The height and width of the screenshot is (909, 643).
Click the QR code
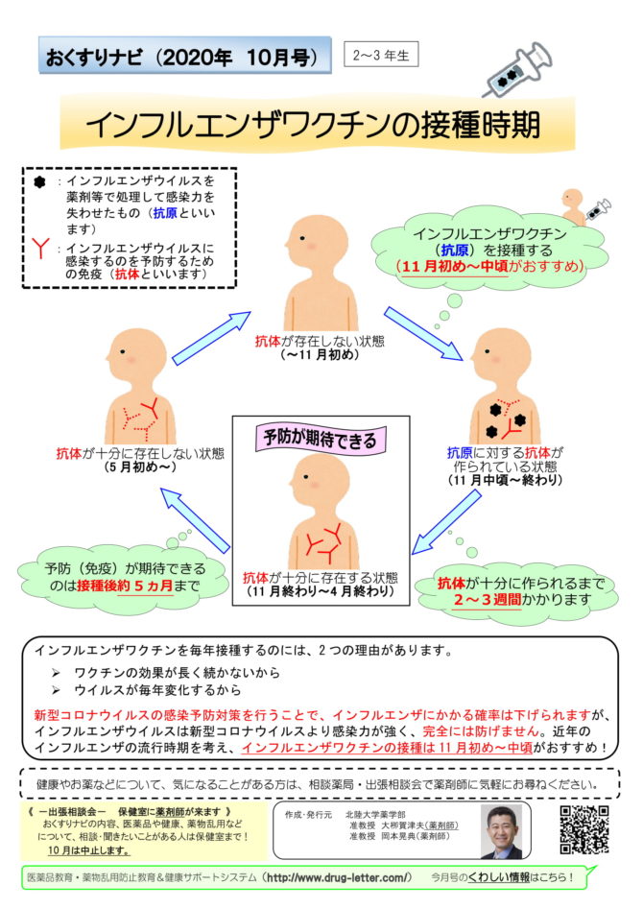click(x=583, y=829)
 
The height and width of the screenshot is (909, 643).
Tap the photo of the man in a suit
click(x=501, y=831)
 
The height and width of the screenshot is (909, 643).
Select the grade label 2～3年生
click(x=381, y=55)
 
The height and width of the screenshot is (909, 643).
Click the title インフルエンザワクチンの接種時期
click(x=313, y=124)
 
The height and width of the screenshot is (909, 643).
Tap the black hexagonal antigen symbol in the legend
click(x=39, y=182)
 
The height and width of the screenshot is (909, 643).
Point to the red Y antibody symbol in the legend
click(x=40, y=248)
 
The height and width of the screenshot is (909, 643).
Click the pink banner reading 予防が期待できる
click(x=321, y=439)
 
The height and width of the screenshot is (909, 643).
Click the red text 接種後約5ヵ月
click(x=125, y=586)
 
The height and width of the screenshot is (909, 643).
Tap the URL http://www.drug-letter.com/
click(x=339, y=877)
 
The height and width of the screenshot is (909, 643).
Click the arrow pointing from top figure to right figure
click(x=424, y=333)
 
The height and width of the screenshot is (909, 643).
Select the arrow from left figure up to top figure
click(x=212, y=339)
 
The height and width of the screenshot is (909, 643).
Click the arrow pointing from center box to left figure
click(x=195, y=520)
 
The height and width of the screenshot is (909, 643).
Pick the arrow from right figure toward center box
click(x=446, y=522)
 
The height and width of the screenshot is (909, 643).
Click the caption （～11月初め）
click(x=320, y=355)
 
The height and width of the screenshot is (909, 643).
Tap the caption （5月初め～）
click(x=140, y=466)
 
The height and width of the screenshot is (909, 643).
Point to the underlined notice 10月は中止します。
click(x=88, y=850)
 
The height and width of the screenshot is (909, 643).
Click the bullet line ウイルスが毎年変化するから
click(x=157, y=690)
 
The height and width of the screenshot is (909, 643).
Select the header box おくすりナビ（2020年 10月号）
click(x=185, y=55)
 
